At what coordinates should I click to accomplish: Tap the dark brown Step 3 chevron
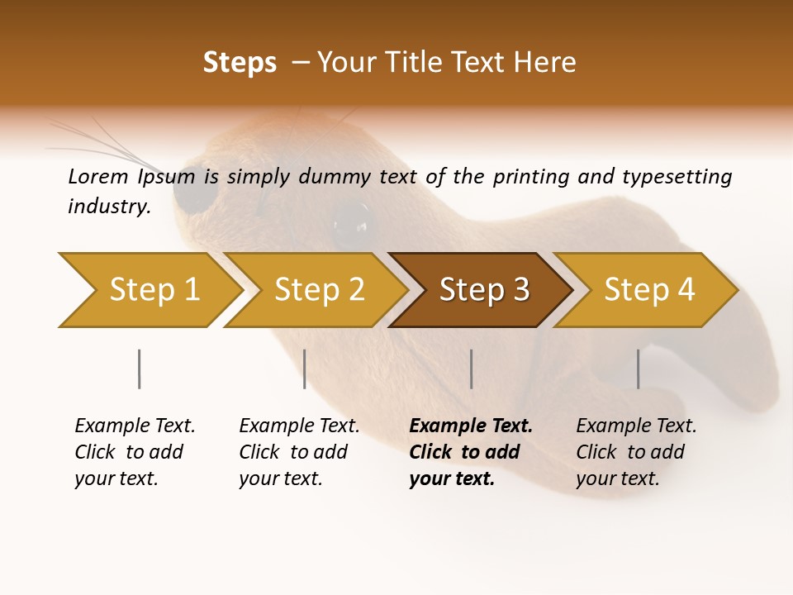click(x=481, y=290)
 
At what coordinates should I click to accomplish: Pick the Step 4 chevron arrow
click(x=646, y=290)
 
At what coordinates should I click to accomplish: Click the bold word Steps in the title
click(x=240, y=63)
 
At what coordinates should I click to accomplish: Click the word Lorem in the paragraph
click(x=98, y=176)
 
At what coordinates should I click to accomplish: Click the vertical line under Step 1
click(x=139, y=369)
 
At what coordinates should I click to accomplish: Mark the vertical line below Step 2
click(x=305, y=369)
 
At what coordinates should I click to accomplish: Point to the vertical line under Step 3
click(x=471, y=369)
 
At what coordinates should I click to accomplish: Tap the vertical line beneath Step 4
click(x=638, y=369)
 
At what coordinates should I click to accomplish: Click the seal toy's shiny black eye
click(x=354, y=218)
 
